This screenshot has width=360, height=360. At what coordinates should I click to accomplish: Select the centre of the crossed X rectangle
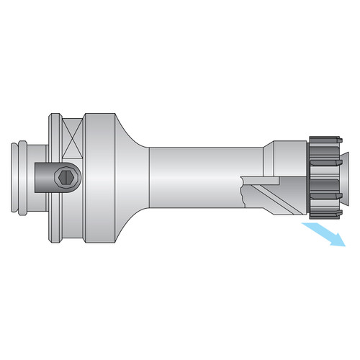73,140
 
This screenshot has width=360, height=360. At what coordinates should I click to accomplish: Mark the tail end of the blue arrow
305,226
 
